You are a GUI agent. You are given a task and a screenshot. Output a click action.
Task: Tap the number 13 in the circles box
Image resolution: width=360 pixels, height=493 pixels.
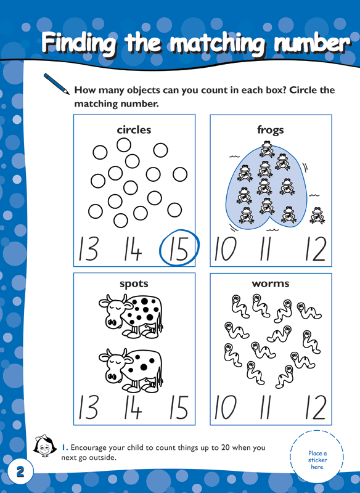88,250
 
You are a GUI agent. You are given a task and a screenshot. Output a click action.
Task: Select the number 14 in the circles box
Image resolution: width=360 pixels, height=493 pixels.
131,250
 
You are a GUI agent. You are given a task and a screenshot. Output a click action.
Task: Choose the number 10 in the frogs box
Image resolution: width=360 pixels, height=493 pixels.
226,250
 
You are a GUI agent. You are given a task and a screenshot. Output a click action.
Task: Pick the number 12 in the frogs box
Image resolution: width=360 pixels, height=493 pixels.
315,250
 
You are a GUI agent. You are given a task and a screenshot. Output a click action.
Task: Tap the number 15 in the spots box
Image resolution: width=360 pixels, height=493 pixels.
179,407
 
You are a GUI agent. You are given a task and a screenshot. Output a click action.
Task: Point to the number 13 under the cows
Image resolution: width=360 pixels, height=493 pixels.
88,407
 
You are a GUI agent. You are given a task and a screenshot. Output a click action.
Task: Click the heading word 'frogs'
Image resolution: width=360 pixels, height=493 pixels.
271,130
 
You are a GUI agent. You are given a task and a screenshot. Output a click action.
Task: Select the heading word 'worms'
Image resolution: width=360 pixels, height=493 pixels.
271,284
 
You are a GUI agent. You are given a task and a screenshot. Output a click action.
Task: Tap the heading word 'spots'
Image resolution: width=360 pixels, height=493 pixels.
134,284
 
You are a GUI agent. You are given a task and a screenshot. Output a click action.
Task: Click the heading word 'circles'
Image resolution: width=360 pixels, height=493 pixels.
134,130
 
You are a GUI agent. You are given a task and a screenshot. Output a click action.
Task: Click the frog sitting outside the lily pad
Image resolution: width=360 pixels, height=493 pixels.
318,215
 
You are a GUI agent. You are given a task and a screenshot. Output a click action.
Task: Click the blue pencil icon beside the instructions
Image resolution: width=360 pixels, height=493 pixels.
56,83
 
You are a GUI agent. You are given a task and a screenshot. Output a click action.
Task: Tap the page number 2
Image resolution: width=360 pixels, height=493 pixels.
20,472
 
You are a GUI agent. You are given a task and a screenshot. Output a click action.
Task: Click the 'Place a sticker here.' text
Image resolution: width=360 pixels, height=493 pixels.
317,460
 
